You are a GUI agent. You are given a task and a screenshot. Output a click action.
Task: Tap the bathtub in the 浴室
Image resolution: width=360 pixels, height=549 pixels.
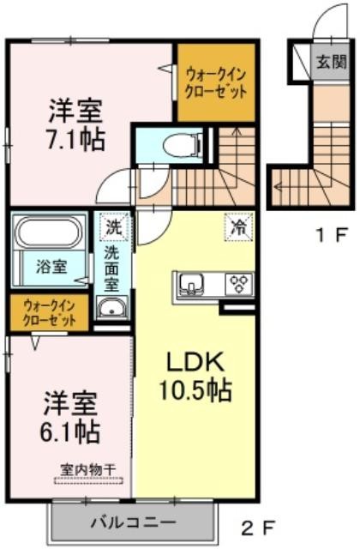[x=50, y=232]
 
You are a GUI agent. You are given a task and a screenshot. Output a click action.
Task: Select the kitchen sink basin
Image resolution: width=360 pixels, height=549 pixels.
[x=191, y=283]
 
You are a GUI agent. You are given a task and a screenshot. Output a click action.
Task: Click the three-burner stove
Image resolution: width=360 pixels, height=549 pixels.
[x=240, y=283]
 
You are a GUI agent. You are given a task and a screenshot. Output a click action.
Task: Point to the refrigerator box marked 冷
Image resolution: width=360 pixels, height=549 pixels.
[x=239, y=226]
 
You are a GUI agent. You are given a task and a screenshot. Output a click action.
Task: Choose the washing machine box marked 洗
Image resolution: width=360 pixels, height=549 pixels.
[x=113, y=226]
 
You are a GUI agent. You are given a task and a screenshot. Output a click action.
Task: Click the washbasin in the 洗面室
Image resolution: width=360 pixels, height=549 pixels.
[x=112, y=309]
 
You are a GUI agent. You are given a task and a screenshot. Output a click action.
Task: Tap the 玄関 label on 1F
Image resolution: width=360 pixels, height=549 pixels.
[x=332, y=62]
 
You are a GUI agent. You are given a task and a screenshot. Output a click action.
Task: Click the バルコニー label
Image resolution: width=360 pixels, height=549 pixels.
[x=134, y=523]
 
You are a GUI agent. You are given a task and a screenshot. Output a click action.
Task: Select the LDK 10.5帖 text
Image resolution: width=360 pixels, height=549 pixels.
[x=195, y=376]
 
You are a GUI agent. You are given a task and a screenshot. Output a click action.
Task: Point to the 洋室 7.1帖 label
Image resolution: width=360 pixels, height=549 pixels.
[x=75, y=124]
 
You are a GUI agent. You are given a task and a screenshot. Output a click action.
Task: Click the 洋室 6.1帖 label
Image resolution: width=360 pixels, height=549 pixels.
[x=70, y=418]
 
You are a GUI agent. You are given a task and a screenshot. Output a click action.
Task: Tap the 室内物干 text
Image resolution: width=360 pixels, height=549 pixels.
[x=87, y=469]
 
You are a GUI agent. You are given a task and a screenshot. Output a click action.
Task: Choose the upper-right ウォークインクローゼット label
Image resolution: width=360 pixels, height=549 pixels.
[x=216, y=83]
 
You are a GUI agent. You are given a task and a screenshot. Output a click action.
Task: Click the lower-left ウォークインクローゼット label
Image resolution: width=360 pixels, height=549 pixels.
[x=49, y=313]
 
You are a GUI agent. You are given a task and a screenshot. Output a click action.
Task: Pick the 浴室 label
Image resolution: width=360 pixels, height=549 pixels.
[x=51, y=268]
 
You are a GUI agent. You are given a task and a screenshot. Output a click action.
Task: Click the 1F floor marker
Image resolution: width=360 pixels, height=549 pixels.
[x=332, y=235]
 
